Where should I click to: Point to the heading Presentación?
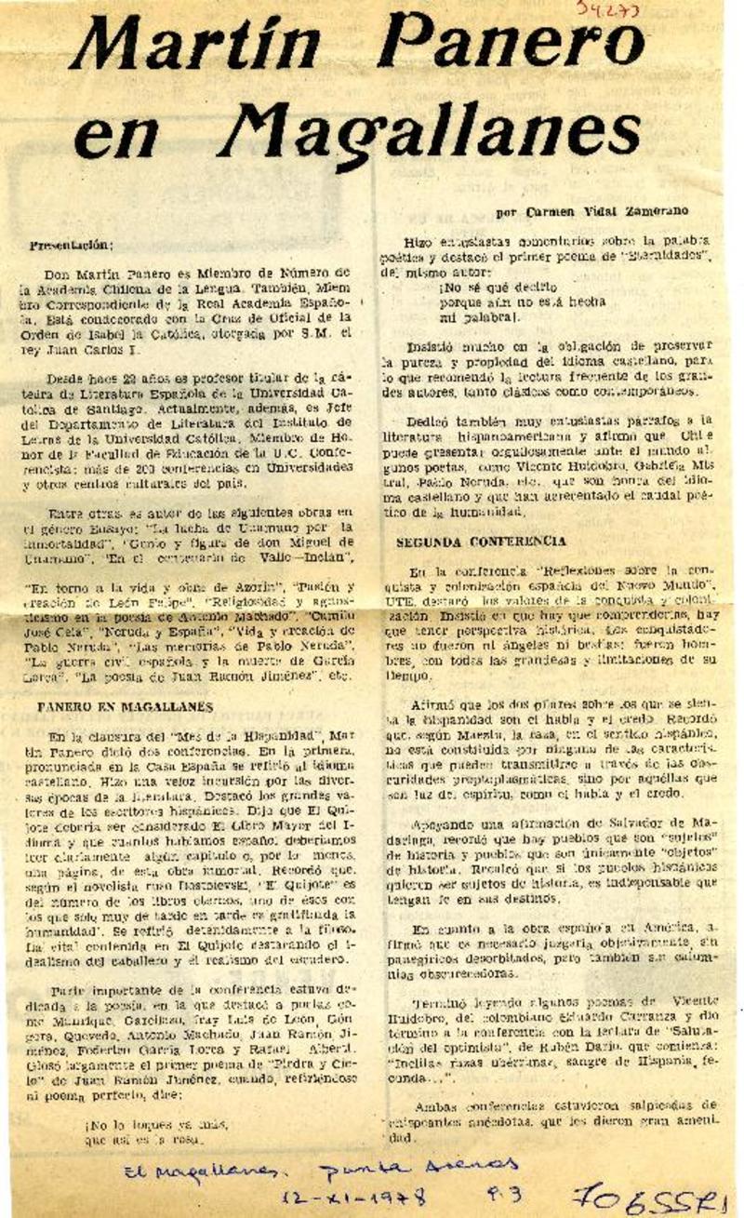click(71, 246)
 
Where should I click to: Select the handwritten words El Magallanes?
click(192, 1171)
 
